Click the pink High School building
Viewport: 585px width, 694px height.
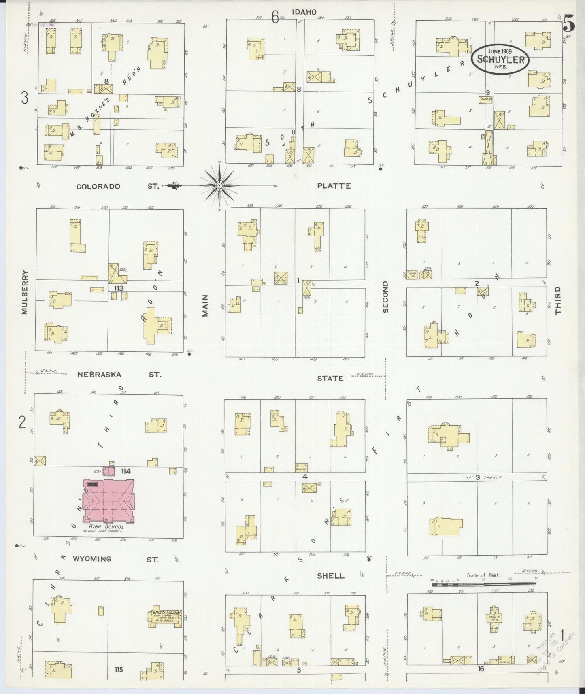click(x=108, y=500)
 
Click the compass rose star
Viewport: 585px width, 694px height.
click(x=219, y=186)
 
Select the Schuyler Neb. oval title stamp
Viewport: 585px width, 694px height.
click(x=500, y=60)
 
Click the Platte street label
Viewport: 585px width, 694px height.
click(x=334, y=186)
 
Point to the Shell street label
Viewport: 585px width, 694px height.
click(x=331, y=576)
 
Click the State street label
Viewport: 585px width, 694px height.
click(x=330, y=378)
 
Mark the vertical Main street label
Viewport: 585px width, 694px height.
click(x=205, y=305)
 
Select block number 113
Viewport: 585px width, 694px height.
click(x=119, y=288)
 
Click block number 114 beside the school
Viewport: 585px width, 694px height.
click(x=126, y=471)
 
